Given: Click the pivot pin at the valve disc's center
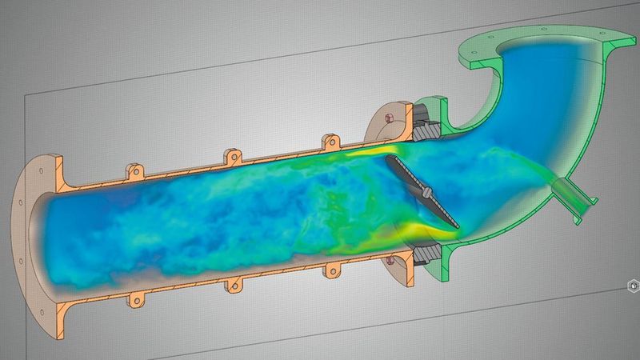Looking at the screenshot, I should pos(428,192).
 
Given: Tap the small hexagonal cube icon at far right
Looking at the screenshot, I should pos(632,284).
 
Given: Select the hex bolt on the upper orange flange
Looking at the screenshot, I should pos(390,118).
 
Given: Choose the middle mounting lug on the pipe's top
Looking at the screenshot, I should pos(232,154).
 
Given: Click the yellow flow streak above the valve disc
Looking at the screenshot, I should pos(376,152).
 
